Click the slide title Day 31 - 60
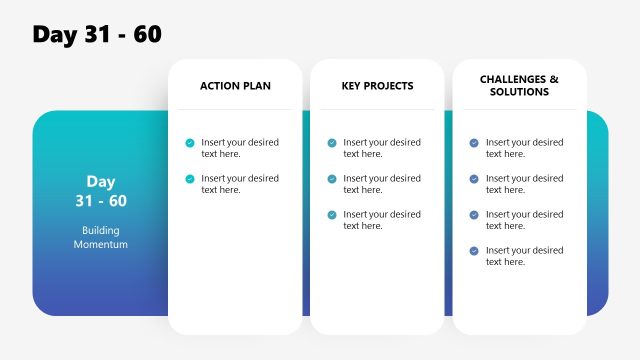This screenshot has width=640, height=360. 97,34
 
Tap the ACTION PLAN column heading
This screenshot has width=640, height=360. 235,86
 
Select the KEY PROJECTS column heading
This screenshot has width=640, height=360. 377,86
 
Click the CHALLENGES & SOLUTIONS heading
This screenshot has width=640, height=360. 519,85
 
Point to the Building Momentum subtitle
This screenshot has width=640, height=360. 100,237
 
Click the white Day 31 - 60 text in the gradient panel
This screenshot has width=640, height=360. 100,191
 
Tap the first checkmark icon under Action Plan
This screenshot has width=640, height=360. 190,143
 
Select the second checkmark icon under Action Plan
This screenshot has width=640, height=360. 190,179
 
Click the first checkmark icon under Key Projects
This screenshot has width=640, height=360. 332,143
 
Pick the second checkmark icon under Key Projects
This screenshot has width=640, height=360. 332,179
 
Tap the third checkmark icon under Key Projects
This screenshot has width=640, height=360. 332,215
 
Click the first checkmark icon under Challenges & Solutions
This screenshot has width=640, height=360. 474,143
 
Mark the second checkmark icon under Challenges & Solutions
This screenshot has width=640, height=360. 474,179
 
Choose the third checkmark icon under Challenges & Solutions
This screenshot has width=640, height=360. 474,215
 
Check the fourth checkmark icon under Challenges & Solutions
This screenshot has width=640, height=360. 474,251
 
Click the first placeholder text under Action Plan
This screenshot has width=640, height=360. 240,148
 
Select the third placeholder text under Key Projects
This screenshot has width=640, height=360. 382,220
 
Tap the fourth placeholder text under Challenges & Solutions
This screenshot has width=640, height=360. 524,256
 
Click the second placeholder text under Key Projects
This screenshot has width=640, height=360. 382,184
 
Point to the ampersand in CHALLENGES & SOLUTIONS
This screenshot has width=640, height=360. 554,79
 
